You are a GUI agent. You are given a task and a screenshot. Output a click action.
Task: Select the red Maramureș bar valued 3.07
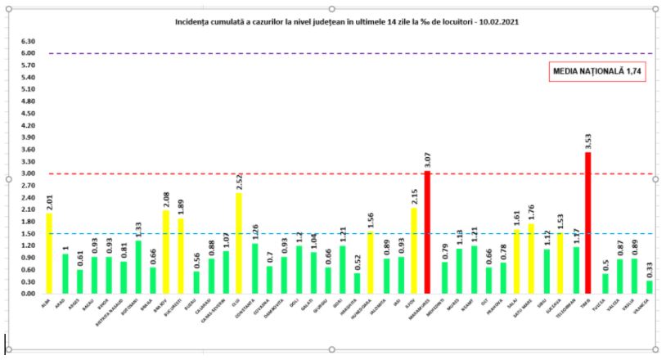pyautogui.click(x=426, y=232)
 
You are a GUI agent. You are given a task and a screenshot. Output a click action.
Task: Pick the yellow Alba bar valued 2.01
pyautogui.click(x=49, y=253)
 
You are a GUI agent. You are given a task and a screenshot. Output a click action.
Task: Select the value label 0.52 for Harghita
pyautogui.click(x=356, y=263)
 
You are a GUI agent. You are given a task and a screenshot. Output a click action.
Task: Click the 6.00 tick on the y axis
pyautogui.click(x=29, y=53)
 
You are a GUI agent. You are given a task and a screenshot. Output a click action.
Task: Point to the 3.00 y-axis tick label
pyautogui.click(x=29, y=173)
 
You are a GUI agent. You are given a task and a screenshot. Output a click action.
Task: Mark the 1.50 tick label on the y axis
pyautogui.click(x=29, y=233)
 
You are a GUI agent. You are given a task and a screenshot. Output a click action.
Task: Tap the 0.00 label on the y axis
pyautogui.click(x=29, y=293)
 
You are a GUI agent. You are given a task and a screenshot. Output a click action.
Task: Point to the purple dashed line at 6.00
pyautogui.click(x=327, y=53)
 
